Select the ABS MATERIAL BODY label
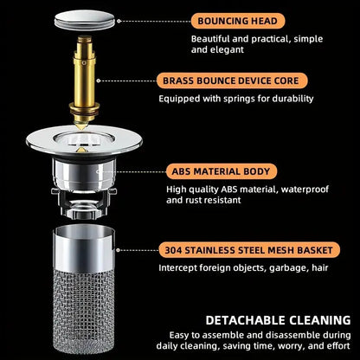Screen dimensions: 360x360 point(221,170)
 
